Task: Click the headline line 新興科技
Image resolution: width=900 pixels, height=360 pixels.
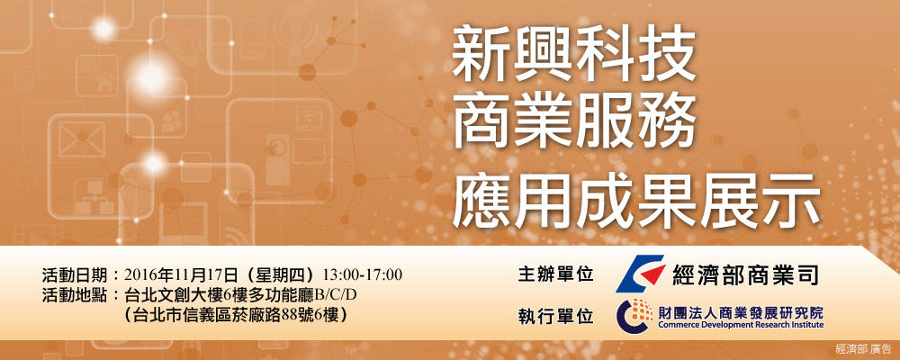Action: coord(574,57)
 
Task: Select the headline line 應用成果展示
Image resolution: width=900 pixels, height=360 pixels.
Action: coord(636,201)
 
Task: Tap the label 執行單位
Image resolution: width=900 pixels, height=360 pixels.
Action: coord(555,316)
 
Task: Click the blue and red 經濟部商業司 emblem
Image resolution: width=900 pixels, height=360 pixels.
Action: coord(639,274)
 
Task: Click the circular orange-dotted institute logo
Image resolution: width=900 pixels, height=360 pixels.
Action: coord(634,315)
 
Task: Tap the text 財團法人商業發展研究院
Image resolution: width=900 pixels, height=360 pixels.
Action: coord(741,312)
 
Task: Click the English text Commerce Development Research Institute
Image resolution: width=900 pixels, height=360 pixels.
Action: coord(741,325)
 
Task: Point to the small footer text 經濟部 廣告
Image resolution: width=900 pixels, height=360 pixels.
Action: coord(864,348)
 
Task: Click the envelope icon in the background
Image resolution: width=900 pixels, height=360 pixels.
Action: coord(82,139)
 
